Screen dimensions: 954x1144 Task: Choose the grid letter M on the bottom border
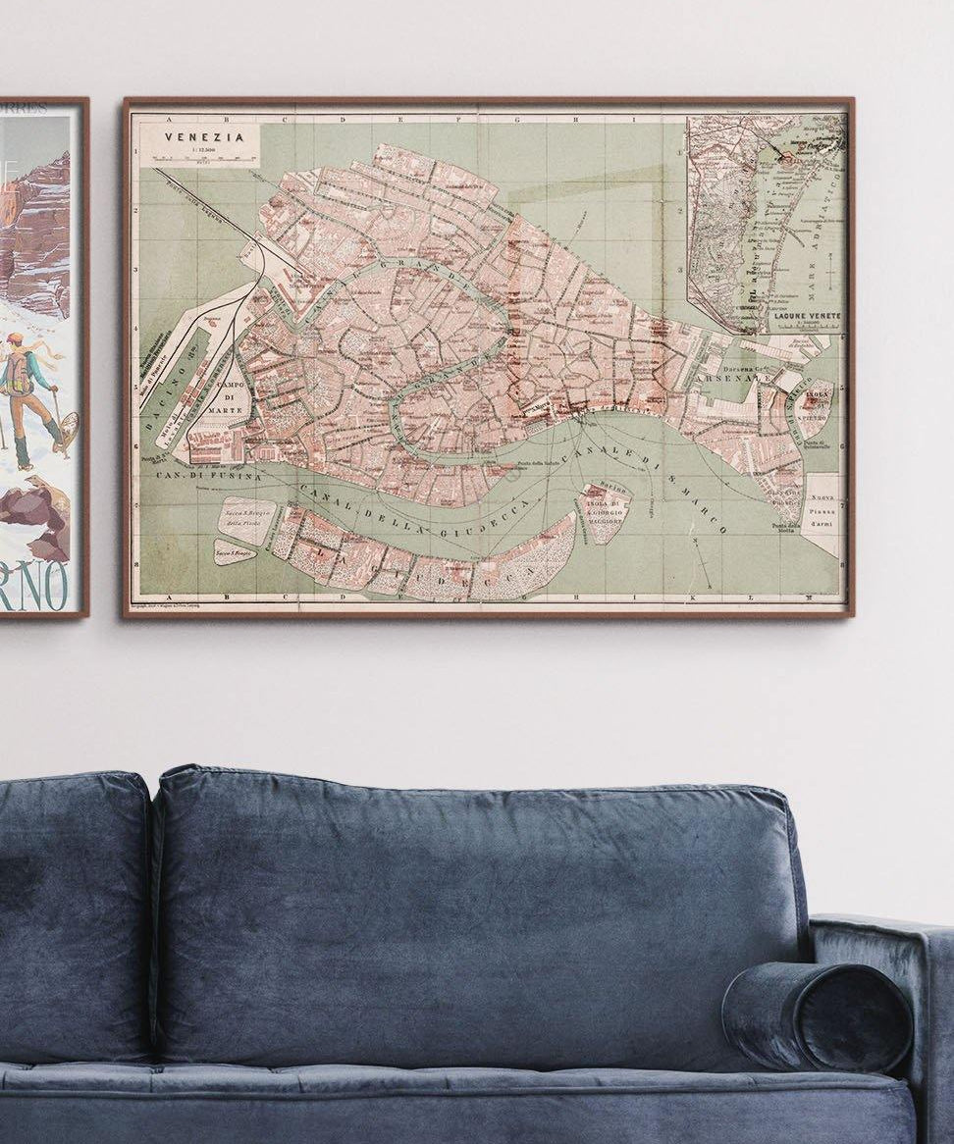coord(807,597)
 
